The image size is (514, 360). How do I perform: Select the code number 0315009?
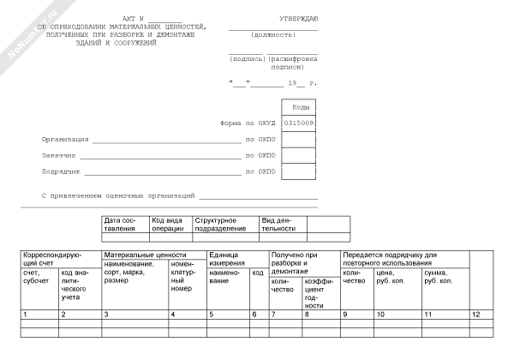[x=298, y=123]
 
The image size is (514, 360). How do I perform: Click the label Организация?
[x=65, y=139]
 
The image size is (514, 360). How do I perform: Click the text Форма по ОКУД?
[x=246, y=123]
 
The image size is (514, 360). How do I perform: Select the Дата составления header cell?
[x=124, y=225]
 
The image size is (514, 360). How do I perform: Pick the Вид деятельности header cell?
[x=279, y=225]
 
